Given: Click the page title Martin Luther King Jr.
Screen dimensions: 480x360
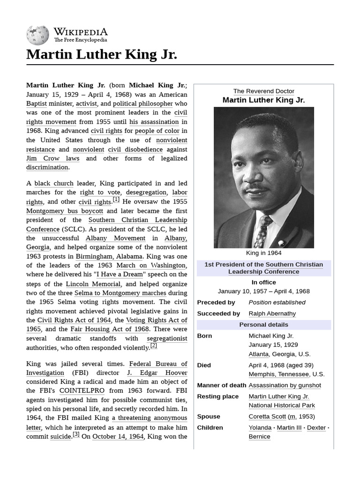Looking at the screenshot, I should coord(102,54).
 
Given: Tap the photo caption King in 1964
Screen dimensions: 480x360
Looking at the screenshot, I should coord(263,253).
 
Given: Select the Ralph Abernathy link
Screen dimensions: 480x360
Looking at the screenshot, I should coord(272,314).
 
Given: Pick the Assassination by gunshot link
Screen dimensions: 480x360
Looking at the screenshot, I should coord(285,385).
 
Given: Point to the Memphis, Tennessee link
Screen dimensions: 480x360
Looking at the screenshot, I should coord(278,374).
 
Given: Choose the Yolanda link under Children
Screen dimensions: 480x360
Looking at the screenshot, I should coord(260,427).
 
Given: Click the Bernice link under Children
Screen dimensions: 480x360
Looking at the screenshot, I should coord(259,436).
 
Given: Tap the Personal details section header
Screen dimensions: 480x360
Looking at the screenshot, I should coord(263,325).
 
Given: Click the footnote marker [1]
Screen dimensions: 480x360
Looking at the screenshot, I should coord(116,200).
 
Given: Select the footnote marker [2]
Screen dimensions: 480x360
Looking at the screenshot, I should coord(153,346).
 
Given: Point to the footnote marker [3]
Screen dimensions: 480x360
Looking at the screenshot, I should coord(76,434).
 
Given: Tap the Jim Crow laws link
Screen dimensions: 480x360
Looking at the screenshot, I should coord(53,158).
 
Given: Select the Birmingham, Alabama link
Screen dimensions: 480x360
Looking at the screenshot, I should coord(115,256).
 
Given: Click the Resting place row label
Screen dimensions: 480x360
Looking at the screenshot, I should coord(217,397).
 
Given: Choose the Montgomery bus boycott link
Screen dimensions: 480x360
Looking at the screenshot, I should coord(65,211).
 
